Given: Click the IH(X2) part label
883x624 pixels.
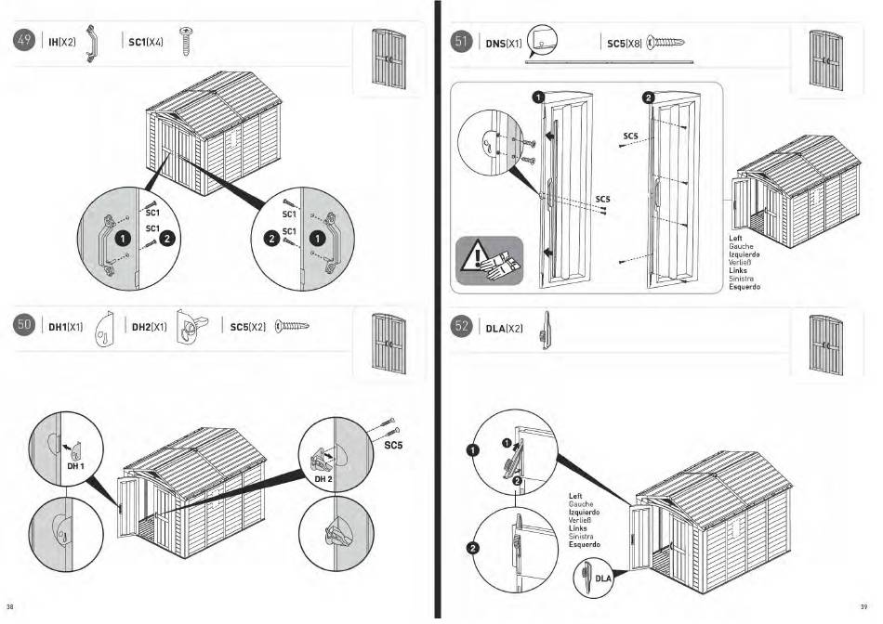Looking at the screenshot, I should (x=61, y=43).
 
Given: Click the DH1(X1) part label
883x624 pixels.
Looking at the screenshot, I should (x=68, y=327).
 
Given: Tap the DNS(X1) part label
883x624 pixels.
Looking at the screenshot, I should (x=503, y=43).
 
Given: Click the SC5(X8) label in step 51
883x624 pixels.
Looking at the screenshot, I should (x=625, y=43).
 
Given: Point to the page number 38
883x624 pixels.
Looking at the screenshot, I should (x=10, y=609).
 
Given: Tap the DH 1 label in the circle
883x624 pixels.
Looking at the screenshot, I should (x=75, y=465).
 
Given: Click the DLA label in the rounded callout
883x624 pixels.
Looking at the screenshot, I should (x=603, y=578).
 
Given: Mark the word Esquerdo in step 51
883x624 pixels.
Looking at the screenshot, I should (x=745, y=287).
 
